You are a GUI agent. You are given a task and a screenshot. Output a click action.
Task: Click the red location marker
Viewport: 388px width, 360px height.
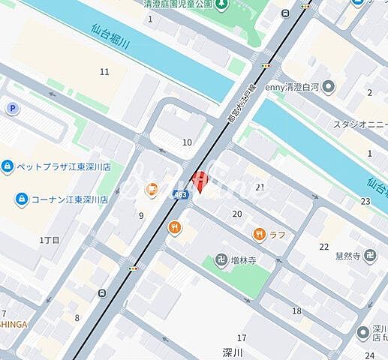point(199,181)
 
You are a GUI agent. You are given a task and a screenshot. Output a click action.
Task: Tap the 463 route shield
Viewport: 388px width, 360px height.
point(180,194)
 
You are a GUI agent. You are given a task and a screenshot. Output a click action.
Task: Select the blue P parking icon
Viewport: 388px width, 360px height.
point(12,109)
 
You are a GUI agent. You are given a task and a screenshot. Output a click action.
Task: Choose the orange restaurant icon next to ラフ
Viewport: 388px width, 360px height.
point(259,232)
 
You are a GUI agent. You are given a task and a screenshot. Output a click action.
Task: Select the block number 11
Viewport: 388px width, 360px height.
point(104,72)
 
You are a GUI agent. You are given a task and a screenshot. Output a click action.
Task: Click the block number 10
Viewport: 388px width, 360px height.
point(187,142)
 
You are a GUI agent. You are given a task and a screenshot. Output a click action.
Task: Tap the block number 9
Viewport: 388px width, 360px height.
point(140,216)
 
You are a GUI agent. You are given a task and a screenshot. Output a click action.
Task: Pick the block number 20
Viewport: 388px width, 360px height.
point(237,214)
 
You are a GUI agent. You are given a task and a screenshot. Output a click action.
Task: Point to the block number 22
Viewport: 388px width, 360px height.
point(323,247)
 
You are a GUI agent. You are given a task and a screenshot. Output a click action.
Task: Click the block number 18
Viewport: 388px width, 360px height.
point(296,310)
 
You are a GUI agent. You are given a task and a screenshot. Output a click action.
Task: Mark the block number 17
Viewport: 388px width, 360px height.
point(242,338)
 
